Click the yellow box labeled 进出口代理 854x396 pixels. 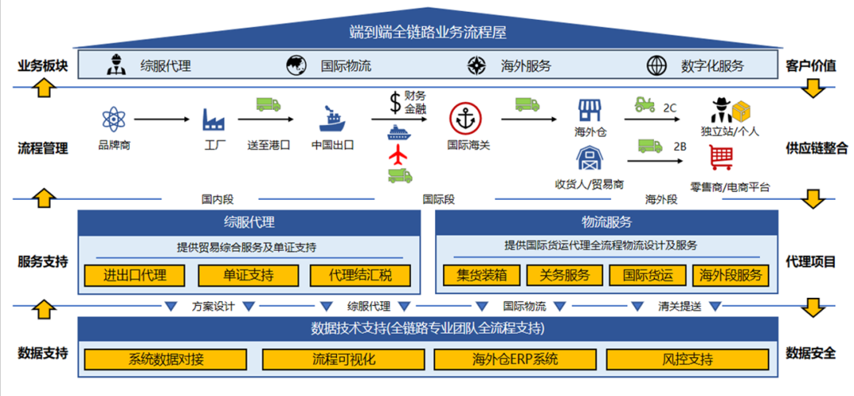(x=135, y=275)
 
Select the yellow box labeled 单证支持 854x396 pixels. (x=248, y=275)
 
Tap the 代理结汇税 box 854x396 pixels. (x=361, y=275)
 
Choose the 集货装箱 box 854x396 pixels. (x=486, y=275)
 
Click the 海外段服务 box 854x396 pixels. (x=731, y=275)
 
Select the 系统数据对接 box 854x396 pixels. (x=166, y=359)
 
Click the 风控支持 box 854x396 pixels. (x=687, y=359)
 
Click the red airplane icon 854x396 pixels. (x=400, y=154)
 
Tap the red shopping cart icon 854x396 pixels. (x=720, y=158)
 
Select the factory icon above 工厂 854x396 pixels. (x=214, y=119)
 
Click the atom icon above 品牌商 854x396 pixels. (x=113, y=119)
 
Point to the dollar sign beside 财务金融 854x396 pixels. (x=395, y=102)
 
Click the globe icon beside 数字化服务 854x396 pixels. (x=656, y=66)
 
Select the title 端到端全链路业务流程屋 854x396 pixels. (x=427, y=32)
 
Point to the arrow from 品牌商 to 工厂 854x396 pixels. (x=162, y=119)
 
